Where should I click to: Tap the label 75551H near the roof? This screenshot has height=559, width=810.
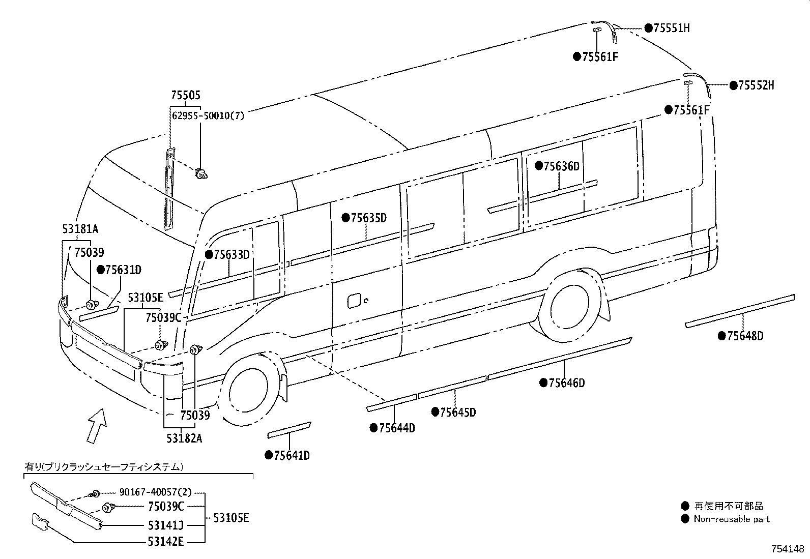[x=671, y=28]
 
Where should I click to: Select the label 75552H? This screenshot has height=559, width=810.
[x=756, y=85]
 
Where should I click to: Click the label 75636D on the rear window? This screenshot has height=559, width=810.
[x=561, y=166]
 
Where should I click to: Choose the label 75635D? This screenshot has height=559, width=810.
[x=368, y=218]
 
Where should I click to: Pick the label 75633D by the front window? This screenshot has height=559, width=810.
[x=232, y=254]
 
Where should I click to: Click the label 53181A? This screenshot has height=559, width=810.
[x=80, y=230]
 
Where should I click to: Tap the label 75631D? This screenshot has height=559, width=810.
[x=123, y=270]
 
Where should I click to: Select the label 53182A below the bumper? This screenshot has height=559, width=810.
[x=184, y=438]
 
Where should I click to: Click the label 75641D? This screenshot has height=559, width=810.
[x=292, y=455]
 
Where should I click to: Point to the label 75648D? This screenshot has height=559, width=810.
[x=745, y=336]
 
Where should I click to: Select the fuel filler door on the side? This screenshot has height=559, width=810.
[x=354, y=300]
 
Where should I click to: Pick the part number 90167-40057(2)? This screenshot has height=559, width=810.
[x=155, y=492]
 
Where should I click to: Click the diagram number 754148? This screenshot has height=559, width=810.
[x=788, y=549]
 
